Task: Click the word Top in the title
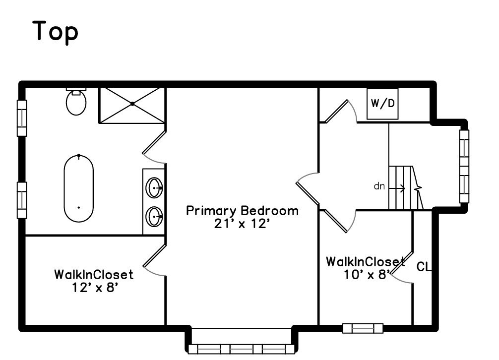tap(56, 32)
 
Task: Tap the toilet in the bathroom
tap(76, 102)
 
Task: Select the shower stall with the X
tap(132, 104)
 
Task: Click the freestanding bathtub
tap(78, 189)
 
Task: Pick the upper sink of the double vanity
tap(155, 188)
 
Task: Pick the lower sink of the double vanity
tap(155, 217)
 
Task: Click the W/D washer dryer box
tap(382, 104)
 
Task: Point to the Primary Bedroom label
tap(242, 211)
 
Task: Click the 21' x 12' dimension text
tap(242, 224)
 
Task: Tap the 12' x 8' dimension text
tap(94, 287)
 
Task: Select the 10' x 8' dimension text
tap(365, 275)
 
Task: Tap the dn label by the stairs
tap(379, 187)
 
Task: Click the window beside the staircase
tap(464, 166)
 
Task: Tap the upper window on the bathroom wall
tap(22, 118)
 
